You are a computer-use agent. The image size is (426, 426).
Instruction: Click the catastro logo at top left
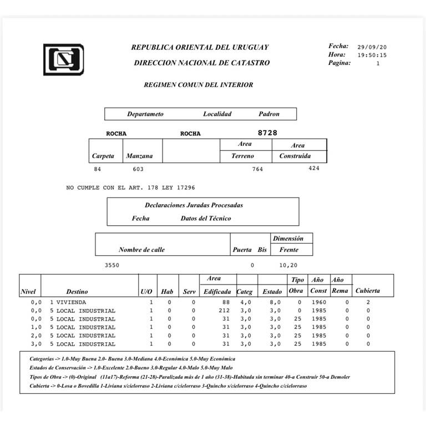pyautogui.click(x=63, y=59)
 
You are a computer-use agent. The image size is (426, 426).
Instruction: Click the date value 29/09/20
pyautogui.click(x=372, y=47)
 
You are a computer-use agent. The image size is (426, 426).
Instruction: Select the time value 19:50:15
pyautogui.click(x=372, y=55)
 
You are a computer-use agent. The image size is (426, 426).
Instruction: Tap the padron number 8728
pyautogui.click(x=267, y=133)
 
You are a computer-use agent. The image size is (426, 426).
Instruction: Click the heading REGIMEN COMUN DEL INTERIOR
pyautogui.click(x=198, y=85)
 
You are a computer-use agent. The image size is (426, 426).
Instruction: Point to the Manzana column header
pyautogui.click(x=139, y=156)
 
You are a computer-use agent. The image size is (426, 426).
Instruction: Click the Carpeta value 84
pyautogui.click(x=98, y=169)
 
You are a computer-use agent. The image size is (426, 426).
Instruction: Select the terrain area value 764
pyautogui.click(x=257, y=169)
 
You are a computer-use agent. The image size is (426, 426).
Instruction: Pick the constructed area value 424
pyautogui.click(x=314, y=169)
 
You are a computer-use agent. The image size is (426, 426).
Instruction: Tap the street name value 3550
pyautogui.click(x=112, y=265)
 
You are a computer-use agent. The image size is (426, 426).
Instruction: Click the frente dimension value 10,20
pyautogui.click(x=288, y=265)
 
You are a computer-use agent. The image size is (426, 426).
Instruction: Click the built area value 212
pyautogui.click(x=224, y=311)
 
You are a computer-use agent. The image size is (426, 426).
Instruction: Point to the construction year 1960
pyautogui.click(x=318, y=302)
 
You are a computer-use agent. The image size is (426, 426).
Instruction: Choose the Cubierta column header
pyautogui.click(x=368, y=291)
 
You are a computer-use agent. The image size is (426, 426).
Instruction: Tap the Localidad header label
pyautogui.click(x=217, y=114)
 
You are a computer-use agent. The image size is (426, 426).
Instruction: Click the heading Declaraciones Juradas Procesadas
pyautogui.click(x=194, y=205)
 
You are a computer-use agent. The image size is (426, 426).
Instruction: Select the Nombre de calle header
pyautogui.click(x=141, y=250)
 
